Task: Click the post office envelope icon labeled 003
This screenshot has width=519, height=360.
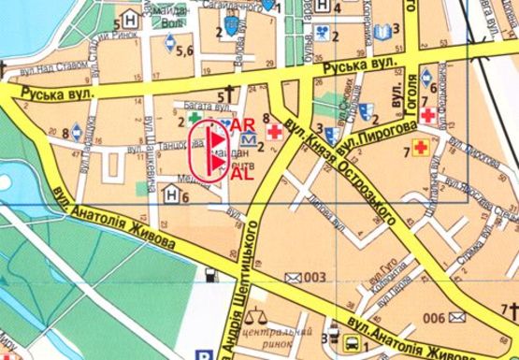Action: point(294,277)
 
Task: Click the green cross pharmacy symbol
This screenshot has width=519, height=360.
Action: point(195,120)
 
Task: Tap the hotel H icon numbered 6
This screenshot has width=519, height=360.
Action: point(171,194)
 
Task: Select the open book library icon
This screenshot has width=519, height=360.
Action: point(382,33)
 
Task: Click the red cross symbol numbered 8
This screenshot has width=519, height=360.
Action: point(275,134)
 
